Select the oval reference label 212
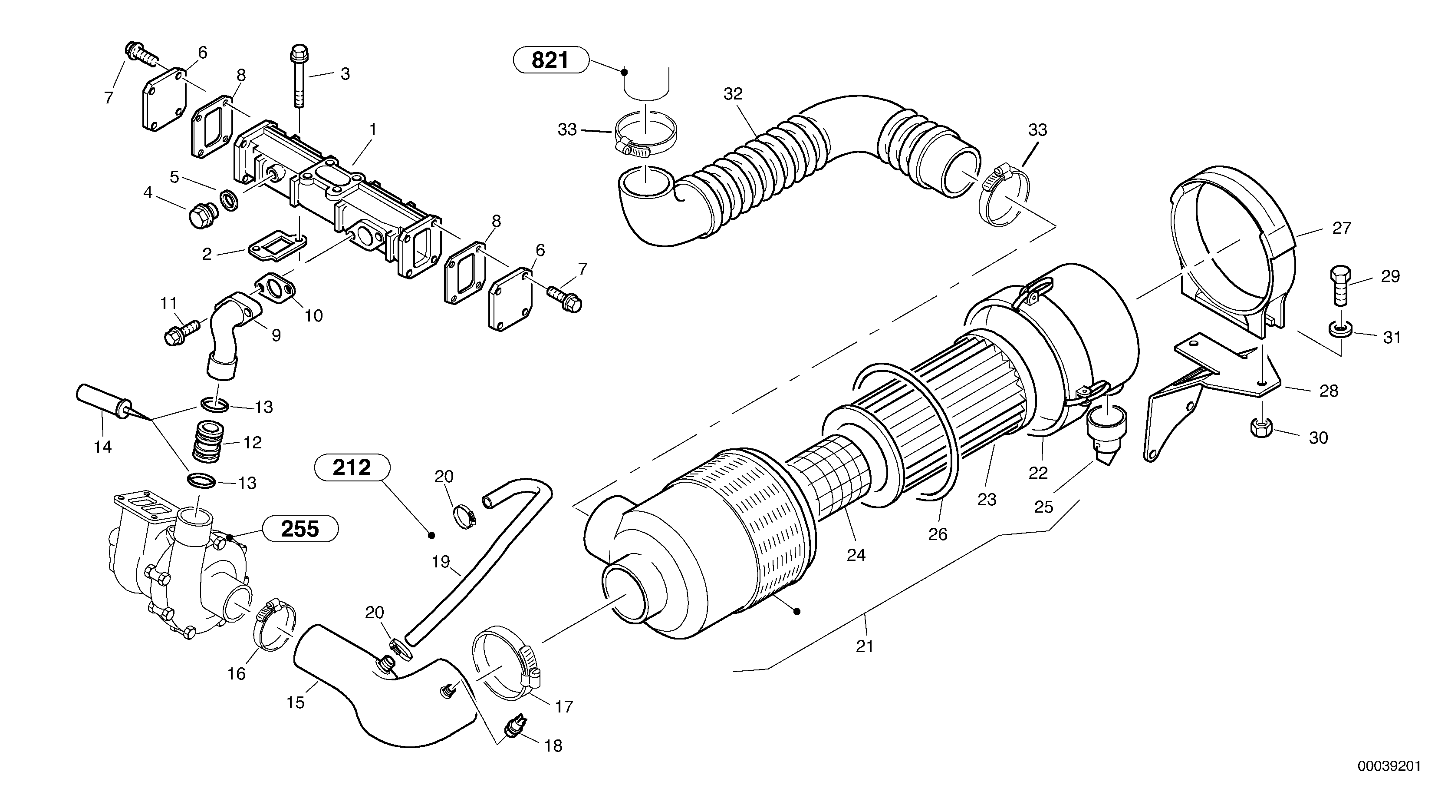tap(352, 467)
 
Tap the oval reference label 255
tap(300, 529)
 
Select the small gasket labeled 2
tap(277, 246)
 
